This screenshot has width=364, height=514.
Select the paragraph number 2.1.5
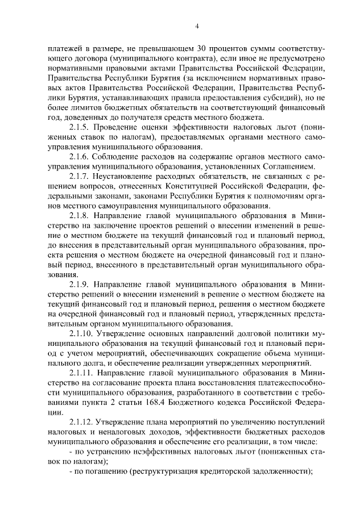pyautogui.click(x=79, y=128)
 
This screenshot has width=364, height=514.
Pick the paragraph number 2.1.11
pyautogui.click(x=81, y=374)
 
